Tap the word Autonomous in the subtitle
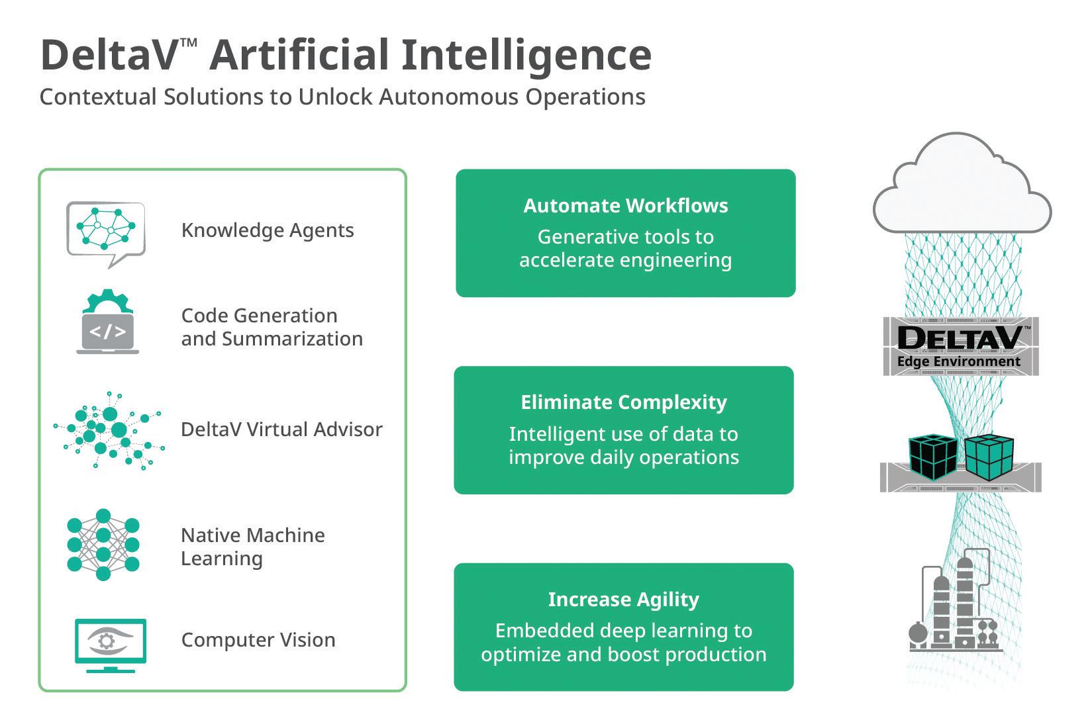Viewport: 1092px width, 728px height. (449, 97)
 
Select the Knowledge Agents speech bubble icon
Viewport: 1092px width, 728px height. (106, 234)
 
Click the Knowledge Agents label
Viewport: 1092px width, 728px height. (268, 230)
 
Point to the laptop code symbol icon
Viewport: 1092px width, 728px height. (108, 321)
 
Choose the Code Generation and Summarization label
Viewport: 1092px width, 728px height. (272, 327)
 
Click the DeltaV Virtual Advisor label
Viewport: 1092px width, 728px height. (282, 430)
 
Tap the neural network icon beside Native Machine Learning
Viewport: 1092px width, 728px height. (103, 544)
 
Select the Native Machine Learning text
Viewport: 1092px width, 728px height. (252, 547)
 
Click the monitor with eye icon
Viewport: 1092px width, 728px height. (111, 645)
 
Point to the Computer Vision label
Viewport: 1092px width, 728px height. (258, 640)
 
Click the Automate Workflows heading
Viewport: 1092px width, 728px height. (625, 206)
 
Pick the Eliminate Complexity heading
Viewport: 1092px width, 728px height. (624, 402)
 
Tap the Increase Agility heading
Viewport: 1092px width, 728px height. (624, 600)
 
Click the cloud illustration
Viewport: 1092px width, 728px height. (962, 183)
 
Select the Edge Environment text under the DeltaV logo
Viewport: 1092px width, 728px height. (958, 361)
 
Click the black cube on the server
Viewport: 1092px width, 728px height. (933, 457)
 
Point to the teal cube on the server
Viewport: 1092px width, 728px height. (989, 456)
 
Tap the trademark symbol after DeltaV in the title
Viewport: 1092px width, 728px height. (188, 43)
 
